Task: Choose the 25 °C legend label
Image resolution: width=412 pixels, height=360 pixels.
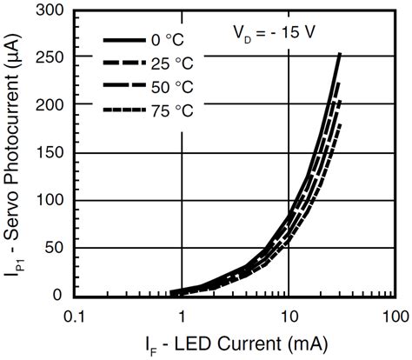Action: coord(171,63)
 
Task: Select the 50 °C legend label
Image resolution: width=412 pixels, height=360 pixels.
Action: coord(171,86)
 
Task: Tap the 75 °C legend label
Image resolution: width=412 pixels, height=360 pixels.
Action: coord(171,110)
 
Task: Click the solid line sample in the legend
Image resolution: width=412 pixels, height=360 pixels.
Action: coord(123,41)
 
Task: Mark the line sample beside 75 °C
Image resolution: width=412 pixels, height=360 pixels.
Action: coord(123,110)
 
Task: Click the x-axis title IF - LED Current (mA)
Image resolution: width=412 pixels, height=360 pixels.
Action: coord(236,344)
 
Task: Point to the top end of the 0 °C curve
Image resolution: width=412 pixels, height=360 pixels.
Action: coord(339,55)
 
